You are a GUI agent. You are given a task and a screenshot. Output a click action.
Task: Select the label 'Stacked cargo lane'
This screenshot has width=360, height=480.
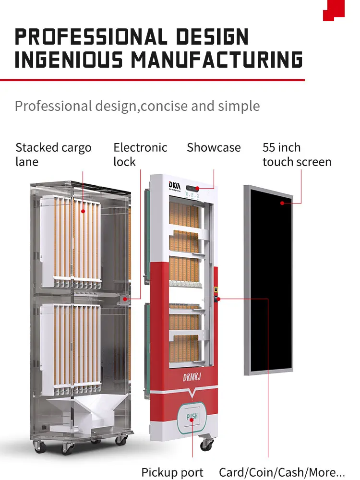pos(53,155)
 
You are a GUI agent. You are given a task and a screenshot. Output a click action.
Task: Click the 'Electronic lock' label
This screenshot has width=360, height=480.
pos(140,155)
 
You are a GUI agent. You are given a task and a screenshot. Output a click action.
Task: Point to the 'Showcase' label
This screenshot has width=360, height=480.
pos(214,148)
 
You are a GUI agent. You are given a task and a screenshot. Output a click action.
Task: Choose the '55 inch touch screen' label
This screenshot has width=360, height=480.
pos(297,155)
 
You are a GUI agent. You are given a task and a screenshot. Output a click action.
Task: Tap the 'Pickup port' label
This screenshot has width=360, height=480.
pos(172,472)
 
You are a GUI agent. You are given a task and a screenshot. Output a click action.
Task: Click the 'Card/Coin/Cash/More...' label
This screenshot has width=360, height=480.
pos(282,472)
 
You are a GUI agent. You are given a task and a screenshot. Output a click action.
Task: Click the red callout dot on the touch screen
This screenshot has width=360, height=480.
pos(283,203)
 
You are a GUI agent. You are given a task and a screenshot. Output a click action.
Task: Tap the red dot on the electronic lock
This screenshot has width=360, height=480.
pos(125,299)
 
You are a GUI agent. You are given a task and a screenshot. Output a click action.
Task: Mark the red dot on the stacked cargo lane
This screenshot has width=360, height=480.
pos(83,210)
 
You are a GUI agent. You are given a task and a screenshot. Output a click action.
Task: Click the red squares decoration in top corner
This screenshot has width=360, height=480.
pos(334,10)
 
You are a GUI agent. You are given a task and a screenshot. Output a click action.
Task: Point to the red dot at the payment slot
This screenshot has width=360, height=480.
pos(218,299)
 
